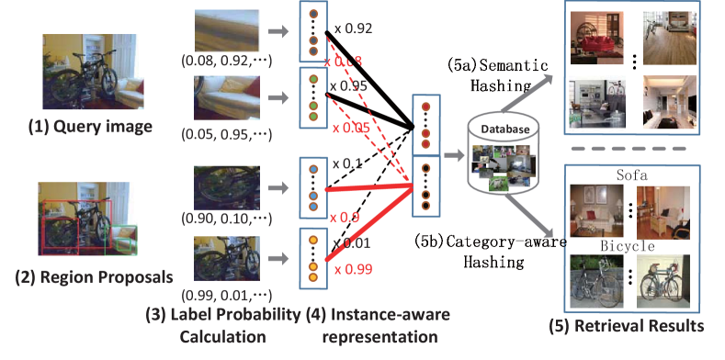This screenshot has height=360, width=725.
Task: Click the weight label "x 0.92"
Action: tap(353, 30)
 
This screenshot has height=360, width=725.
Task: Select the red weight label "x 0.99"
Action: tap(352, 268)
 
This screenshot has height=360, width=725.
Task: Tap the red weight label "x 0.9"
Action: tap(345, 218)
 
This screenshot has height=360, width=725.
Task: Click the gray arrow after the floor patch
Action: tap(275, 34)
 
